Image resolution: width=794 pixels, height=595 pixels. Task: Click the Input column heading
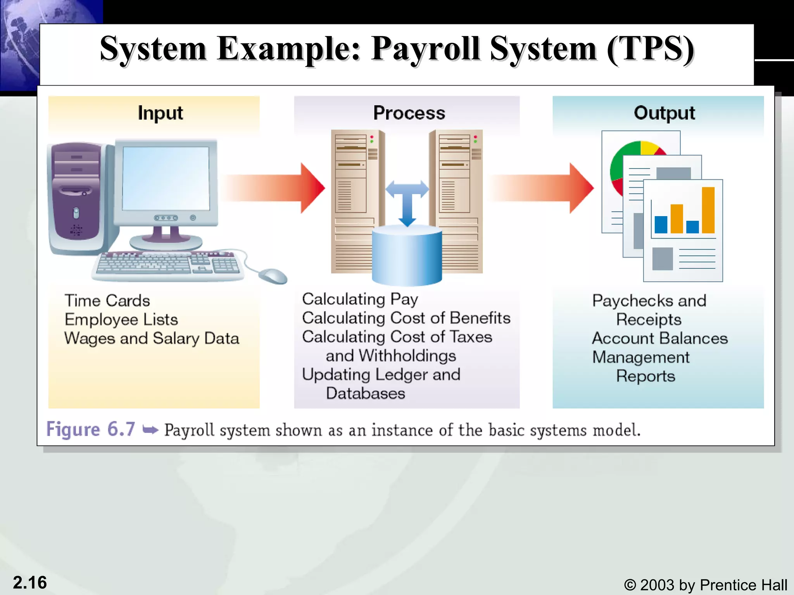160,113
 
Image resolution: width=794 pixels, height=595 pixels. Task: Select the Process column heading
409,113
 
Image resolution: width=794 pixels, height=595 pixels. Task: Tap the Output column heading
664,113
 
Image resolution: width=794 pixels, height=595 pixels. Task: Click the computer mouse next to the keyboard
273,276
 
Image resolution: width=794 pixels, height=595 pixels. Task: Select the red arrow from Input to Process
275,188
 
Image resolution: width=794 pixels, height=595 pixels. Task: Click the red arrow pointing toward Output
543,188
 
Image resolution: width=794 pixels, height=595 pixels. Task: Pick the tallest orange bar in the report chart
708,210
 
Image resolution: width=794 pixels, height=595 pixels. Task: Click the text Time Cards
107,301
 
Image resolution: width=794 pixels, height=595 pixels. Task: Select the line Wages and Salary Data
152,338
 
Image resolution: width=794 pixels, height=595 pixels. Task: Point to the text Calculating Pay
360,299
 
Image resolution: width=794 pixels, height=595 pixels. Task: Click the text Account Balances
659,338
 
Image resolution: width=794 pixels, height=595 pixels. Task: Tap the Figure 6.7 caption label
91,429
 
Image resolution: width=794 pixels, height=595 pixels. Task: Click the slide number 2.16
30,583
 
